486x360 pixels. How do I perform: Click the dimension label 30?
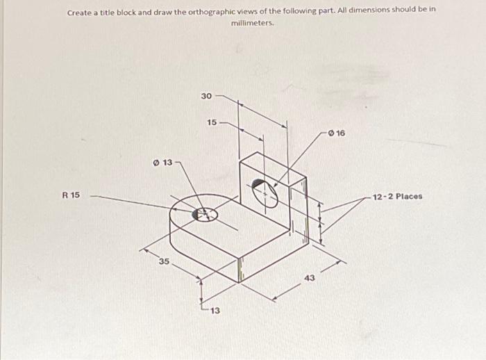click(206, 96)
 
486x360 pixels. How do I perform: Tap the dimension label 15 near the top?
click(212, 122)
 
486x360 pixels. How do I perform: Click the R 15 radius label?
click(70, 195)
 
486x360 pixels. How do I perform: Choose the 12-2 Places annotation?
click(397, 197)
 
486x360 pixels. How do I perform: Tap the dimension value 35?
click(164, 261)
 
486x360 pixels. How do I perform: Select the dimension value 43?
click(309, 278)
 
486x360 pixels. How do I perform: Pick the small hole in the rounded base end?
click(205, 215)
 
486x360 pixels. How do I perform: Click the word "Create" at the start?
click(80, 13)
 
